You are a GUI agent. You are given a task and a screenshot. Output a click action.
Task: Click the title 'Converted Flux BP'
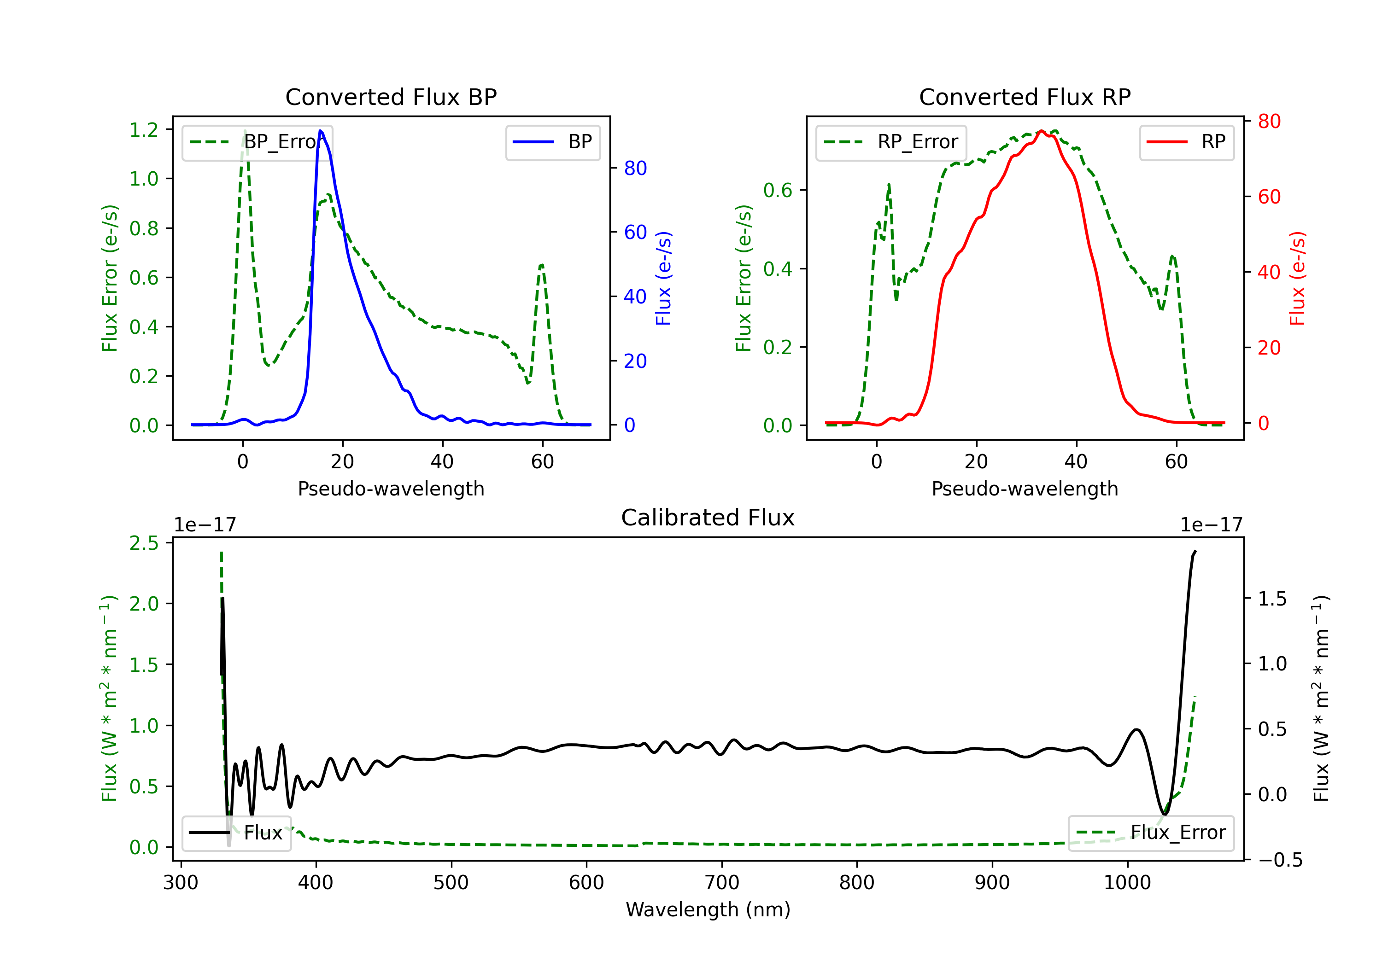pyautogui.click(x=391, y=97)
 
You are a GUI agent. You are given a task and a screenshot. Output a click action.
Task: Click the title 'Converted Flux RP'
pyautogui.click(x=1025, y=97)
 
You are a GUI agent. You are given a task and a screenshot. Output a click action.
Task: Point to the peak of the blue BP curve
pyautogui.click(x=320, y=131)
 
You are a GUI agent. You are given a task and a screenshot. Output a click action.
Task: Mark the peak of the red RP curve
pyautogui.click(x=1041, y=131)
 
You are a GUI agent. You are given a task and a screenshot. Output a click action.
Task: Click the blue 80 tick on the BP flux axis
pyautogui.click(x=635, y=169)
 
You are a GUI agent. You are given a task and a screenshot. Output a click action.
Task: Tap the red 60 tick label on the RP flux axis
pyautogui.click(x=1269, y=197)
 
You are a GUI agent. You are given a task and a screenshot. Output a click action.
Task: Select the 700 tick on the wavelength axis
pyautogui.click(x=722, y=883)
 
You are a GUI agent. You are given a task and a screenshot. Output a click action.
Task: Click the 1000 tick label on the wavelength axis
pyautogui.click(x=1127, y=883)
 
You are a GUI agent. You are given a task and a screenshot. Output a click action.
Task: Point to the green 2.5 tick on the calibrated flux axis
pyautogui.click(x=144, y=543)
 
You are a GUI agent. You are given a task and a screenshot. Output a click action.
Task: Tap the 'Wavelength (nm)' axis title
pyautogui.click(x=708, y=910)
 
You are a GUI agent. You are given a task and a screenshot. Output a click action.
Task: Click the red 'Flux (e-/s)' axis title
pyautogui.click(x=1297, y=278)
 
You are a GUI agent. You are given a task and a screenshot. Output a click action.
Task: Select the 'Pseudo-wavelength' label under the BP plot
pyautogui.click(x=391, y=489)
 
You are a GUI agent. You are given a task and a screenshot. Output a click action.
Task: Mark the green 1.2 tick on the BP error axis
pyautogui.click(x=144, y=130)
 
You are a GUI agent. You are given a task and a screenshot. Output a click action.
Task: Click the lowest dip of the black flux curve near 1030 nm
pyautogui.click(x=1165, y=815)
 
